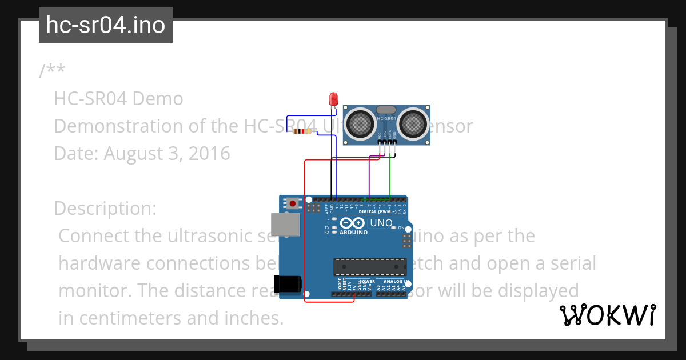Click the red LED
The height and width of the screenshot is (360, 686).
tap(333, 99)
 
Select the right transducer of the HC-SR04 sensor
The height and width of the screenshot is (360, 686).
tap(413, 122)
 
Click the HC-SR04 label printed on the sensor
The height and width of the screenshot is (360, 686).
tap(386, 119)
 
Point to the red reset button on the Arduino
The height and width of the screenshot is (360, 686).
tap(293, 203)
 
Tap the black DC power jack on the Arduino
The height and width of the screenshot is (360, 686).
tap(287, 284)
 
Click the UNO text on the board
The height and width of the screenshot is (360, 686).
tap(381, 223)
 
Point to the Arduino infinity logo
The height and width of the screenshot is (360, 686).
tap(353, 223)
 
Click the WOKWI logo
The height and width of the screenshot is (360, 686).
tap(607, 315)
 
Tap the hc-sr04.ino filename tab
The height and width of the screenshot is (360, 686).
tap(106, 25)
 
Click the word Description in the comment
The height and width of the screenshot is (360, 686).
tap(105, 209)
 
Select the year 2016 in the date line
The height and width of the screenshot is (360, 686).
tap(209, 154)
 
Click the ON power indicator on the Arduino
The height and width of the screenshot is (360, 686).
tap(401, 227)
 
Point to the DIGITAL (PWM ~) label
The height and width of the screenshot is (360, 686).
tap(377, 211)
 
